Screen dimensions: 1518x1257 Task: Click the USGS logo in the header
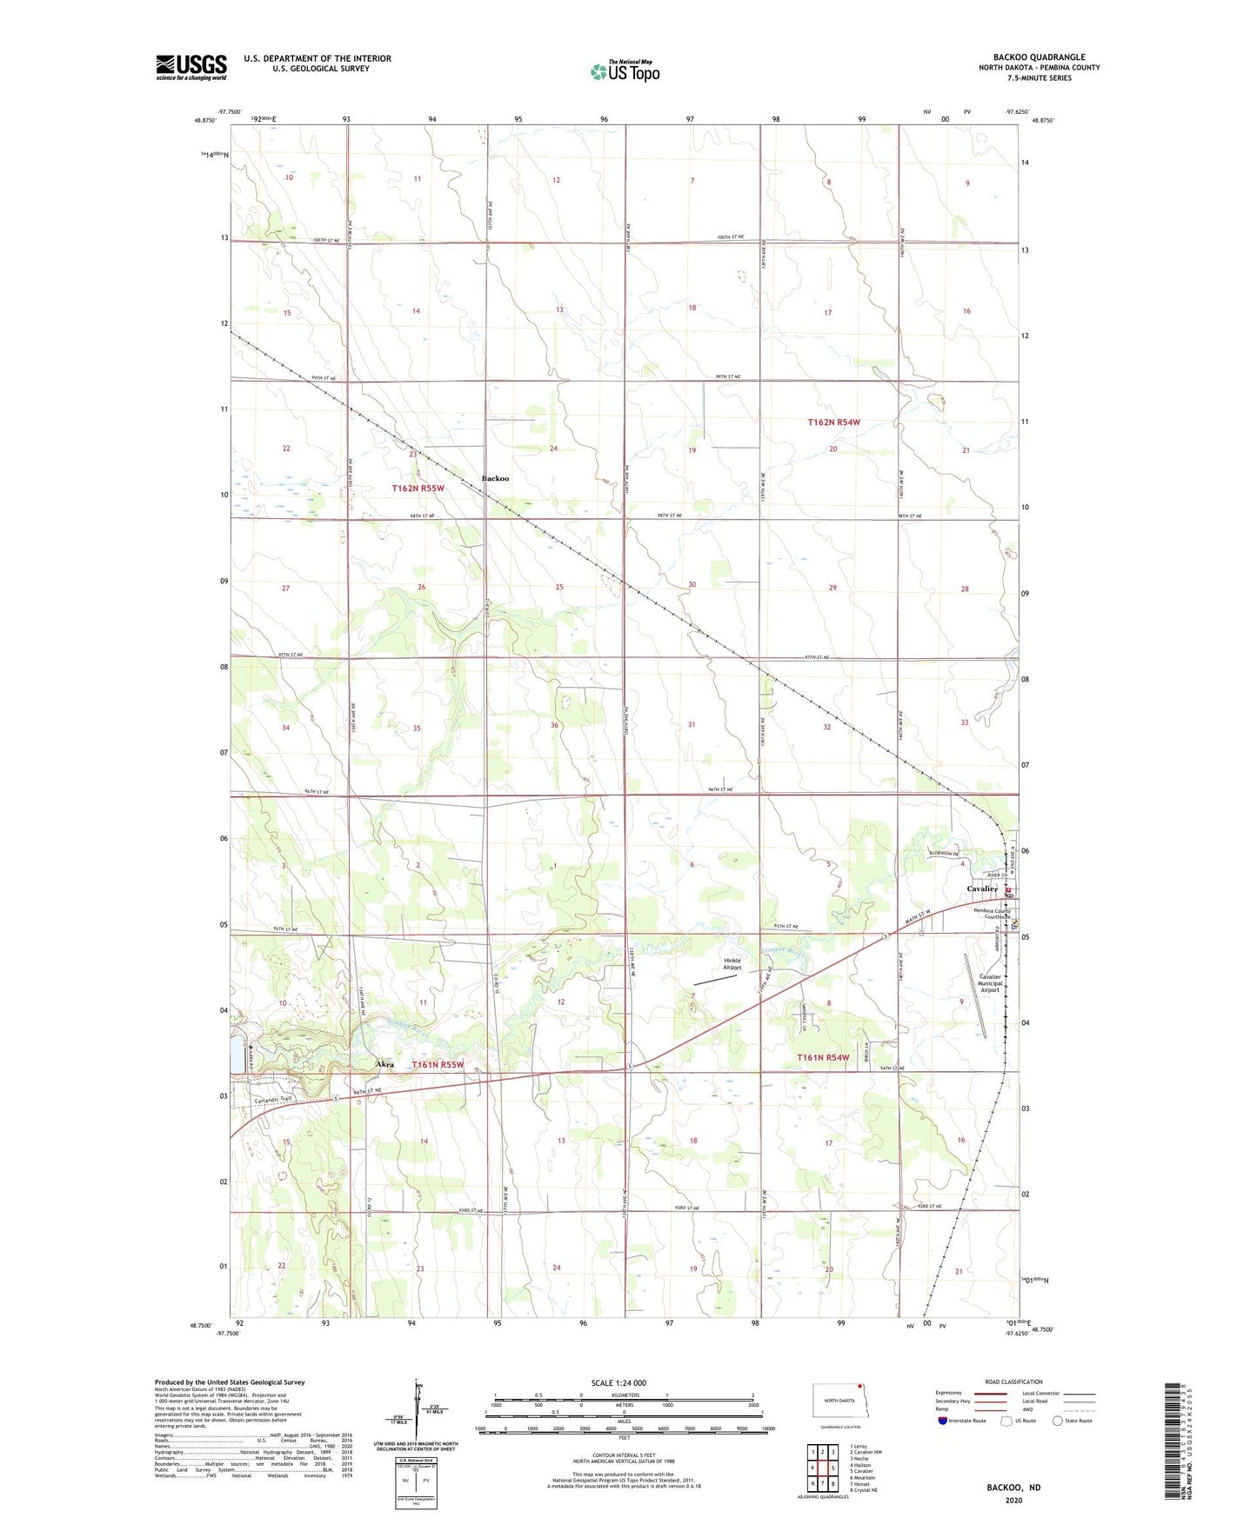click(191, 67)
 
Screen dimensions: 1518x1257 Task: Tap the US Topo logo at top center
click(625, 71)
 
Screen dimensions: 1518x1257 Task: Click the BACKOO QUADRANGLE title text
click(1038, 57)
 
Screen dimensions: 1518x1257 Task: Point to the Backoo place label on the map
click(495, 478)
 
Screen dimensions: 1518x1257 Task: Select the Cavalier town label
click(982, 889)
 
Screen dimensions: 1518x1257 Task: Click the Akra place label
click(384, 1064)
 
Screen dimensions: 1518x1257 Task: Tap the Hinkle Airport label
click(732, 964)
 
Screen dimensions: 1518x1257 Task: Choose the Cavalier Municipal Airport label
click(990, 983)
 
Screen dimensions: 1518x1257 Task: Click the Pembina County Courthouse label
click(992, 914)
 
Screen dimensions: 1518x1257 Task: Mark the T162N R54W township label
click(833, 423)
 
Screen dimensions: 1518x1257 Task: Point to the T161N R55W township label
click(438, 1064)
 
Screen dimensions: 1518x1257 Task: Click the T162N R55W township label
click(418, 489)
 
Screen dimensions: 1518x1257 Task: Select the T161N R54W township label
click(823, 1057)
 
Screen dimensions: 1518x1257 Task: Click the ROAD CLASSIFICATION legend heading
click(1013, 1382)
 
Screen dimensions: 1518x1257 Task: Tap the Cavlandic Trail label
click(273, 1100)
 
